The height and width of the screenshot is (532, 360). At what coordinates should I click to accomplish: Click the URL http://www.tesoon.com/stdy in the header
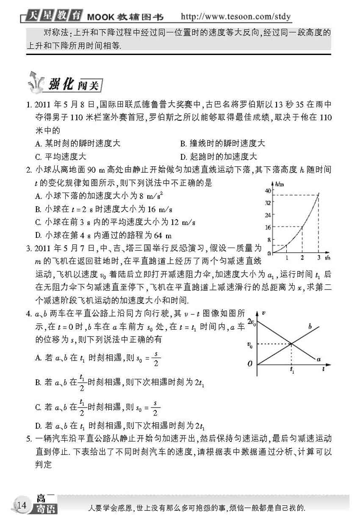(236, 17)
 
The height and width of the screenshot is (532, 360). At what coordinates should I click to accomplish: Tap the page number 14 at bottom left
(21, 504)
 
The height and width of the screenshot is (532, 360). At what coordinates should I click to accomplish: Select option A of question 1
(78, 144)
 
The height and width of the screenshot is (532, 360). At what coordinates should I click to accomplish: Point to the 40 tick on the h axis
(267, 191)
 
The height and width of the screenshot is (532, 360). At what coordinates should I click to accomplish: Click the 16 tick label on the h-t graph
(267, 227)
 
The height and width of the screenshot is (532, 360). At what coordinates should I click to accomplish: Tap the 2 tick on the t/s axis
(302, 258)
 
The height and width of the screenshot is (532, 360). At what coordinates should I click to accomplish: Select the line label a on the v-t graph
(318, 359)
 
